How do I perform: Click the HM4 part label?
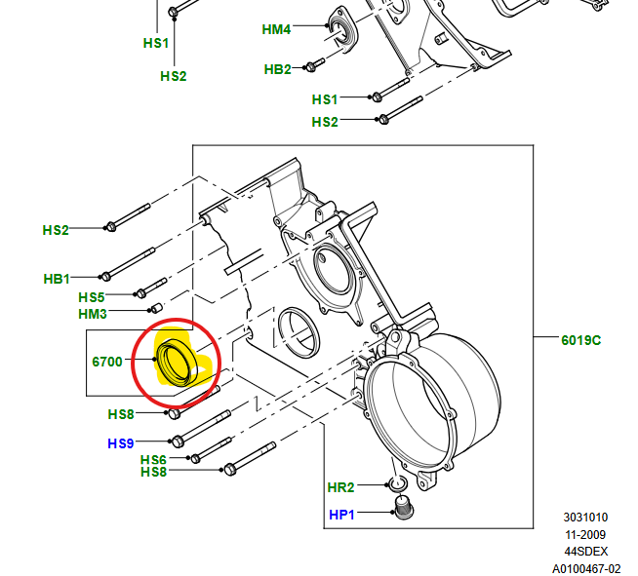(x=276, y=30)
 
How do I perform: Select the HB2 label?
(x=277, y=69)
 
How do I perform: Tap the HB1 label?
(x=58, y=279)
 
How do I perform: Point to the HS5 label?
(x=91, y=297)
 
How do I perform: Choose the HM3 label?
(x=92, y=314)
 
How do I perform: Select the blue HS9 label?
(x=120, y=443)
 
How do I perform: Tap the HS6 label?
(x=153, y=460)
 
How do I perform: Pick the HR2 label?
(x=340, y=486)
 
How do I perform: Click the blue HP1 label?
(x=340, y=514)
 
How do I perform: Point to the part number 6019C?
(x=580, y=340)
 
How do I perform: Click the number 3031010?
(x=585, y=518)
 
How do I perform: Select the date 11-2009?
(x=585, y=534)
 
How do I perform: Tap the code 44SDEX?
(x=585, y=551)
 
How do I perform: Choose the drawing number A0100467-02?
(x=586, y=567)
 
